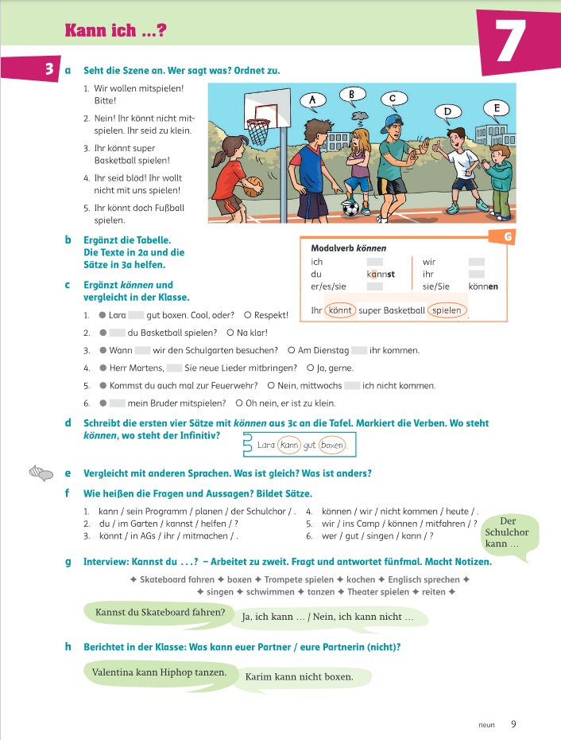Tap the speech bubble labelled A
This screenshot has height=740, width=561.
point(313,100)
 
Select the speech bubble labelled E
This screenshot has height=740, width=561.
point(496,108)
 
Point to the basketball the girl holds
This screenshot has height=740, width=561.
point(252,189)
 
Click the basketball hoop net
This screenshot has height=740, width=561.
point(258,130)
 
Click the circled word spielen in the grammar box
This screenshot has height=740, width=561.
point(447,310)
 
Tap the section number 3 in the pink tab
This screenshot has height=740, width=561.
point(49,70)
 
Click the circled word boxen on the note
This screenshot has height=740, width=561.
point(333,446)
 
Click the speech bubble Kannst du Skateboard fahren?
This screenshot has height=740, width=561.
point(160,613)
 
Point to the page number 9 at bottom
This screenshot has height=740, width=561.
point(513,724)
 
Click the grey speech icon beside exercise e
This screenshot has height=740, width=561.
point(41,473)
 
